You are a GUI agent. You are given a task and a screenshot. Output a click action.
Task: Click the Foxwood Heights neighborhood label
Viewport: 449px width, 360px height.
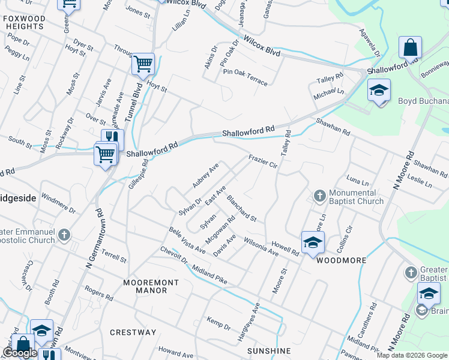24,23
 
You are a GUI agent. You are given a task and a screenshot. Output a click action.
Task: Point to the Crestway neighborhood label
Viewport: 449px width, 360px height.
133,332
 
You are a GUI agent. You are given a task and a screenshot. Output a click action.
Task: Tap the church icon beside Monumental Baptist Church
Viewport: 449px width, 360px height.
319,196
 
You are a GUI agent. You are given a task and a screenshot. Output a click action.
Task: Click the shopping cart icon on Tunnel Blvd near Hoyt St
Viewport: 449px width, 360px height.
143,63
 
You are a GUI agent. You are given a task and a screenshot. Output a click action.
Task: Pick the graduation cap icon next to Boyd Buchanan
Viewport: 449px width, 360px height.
379,91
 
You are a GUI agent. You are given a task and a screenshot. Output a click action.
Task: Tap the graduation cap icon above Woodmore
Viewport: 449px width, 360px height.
312,242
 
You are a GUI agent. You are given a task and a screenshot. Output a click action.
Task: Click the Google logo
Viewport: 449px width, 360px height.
20,353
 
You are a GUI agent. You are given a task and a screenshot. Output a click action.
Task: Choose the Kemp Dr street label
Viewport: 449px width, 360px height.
218,323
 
